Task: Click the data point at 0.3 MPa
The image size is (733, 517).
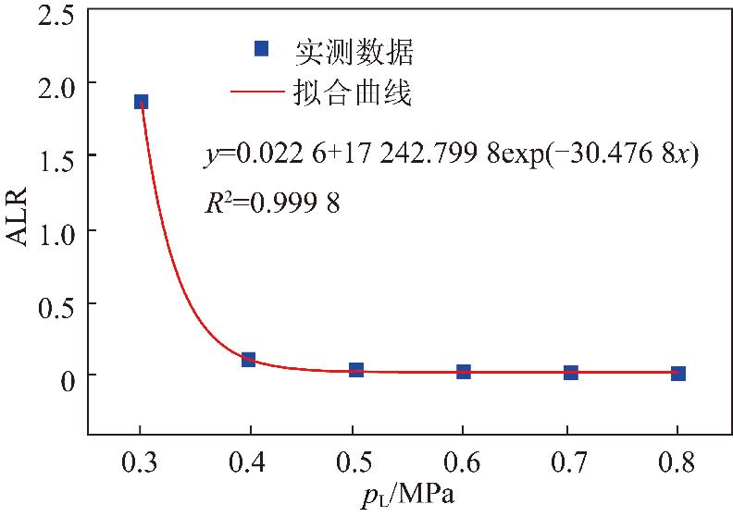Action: coord(141,102)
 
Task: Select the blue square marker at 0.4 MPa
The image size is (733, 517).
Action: coord(248,359)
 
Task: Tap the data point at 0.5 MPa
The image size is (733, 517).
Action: coord(356,369)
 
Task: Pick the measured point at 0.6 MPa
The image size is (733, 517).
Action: coord(464,371)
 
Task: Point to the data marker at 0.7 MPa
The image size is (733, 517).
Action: coord(571,372)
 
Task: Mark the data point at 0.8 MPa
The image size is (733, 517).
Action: coord(678,373)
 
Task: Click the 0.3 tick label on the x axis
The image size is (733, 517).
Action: coord(140,461)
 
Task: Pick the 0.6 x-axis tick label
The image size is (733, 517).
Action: coord(463,461)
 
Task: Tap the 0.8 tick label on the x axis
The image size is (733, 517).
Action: coord(677,461)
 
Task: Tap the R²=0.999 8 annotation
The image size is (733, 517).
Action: coord(271,203)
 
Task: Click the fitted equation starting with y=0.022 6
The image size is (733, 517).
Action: coord(451,155)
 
